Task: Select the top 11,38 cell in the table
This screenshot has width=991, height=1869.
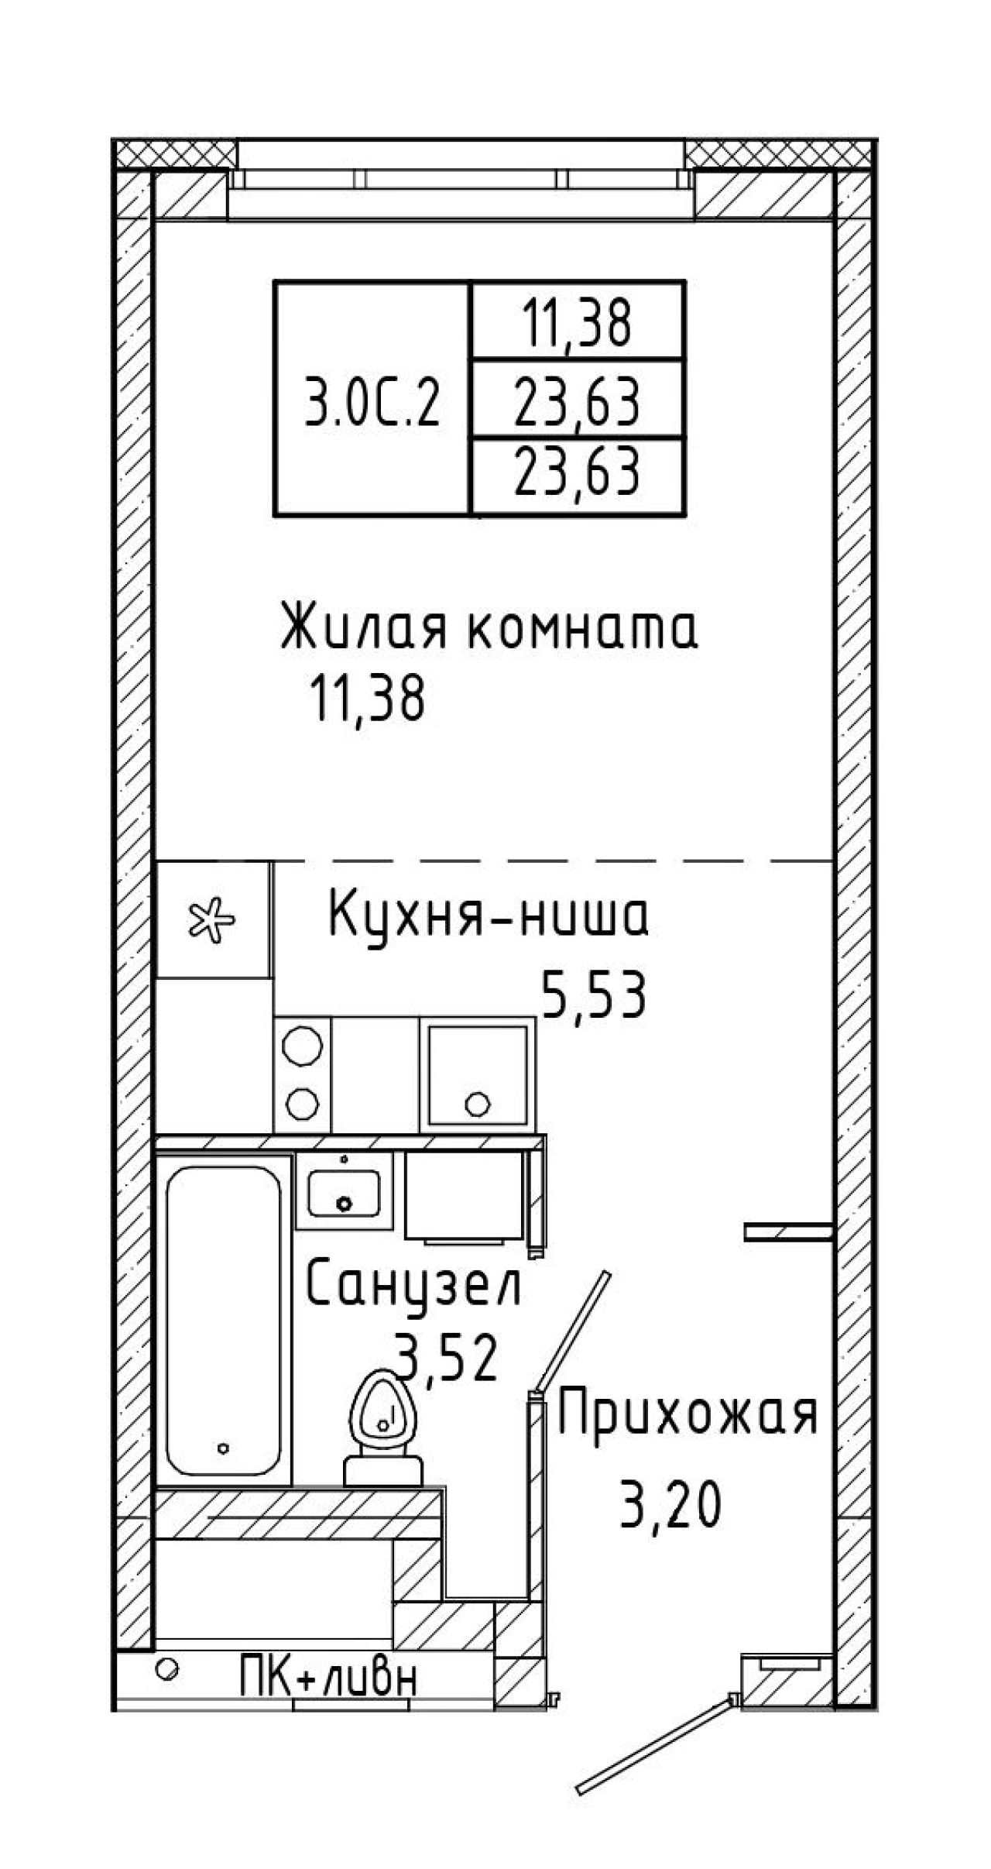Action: (x=578, y=321)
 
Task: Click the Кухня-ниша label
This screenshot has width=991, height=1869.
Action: (x=489, y=915)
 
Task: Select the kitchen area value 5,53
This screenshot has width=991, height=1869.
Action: (x=594, y=995)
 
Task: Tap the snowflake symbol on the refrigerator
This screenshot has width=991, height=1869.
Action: (x=212, y=919)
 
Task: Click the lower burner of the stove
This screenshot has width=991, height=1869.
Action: (x=302, y=1103)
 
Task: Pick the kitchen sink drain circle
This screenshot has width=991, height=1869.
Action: (x=478, y=1103)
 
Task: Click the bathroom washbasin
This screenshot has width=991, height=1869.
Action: (x=344, y=1190)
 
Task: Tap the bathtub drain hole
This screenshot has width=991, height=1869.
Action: (x=224, y=1447)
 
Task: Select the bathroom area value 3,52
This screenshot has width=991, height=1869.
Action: (x=445, y=1355)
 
